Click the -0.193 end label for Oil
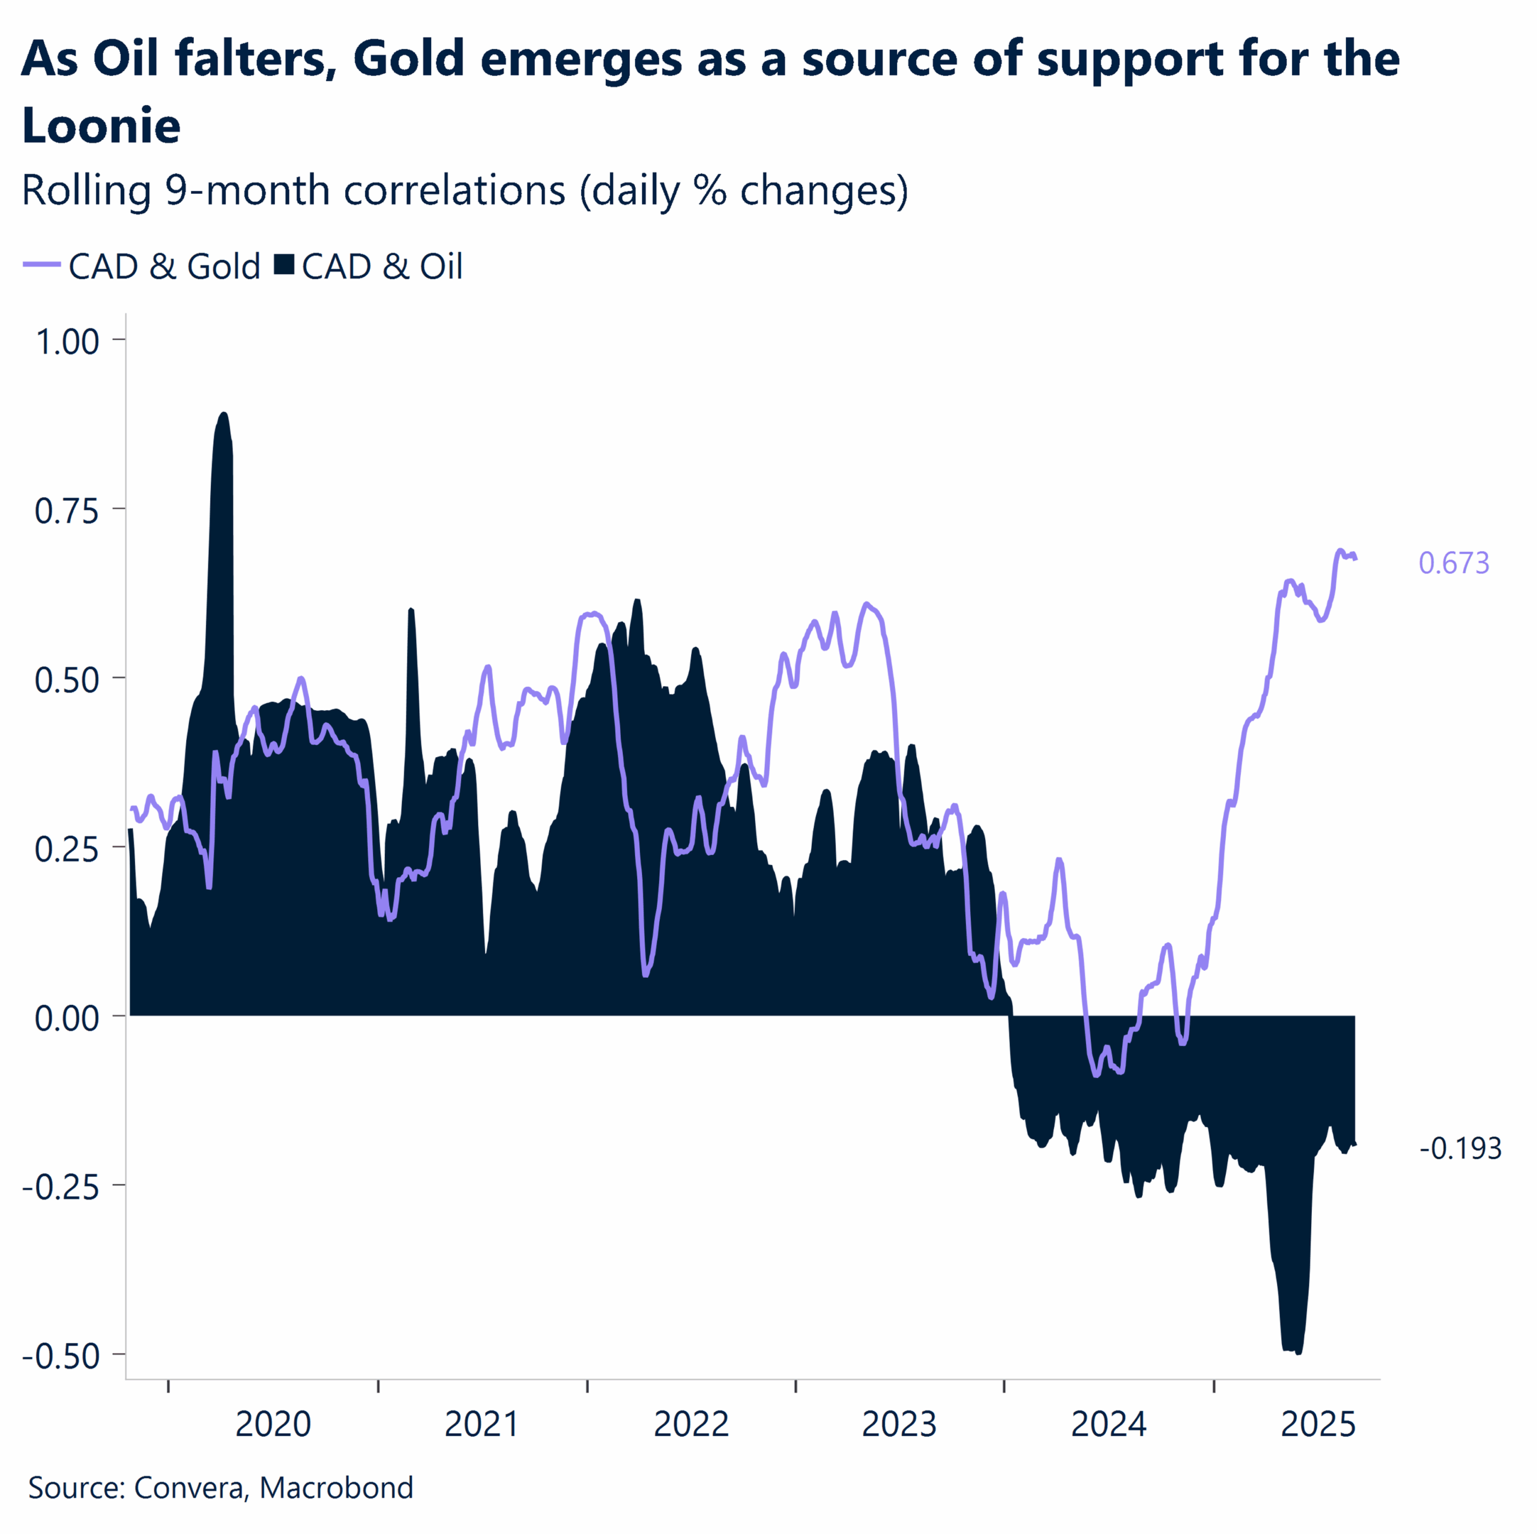click(x=1460, y=1148)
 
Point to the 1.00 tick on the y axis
click(x=68, y=342)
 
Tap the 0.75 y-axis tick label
click(x=68, y=510)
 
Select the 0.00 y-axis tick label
click(x=68, y=1018)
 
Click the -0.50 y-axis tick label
click(x=61, y=1356)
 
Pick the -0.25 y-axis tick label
click(x=61, y=1186)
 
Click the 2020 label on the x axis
click(x=273, y=1424)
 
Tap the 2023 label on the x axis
click(x=899, y=1424)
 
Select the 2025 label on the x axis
click(x=1317, y=1424)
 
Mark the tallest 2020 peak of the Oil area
click(x=223, y=414)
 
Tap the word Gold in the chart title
click(x=408, y=59)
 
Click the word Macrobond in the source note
click(x=336, y=1487)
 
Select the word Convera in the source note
click(x=188, y=1487)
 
